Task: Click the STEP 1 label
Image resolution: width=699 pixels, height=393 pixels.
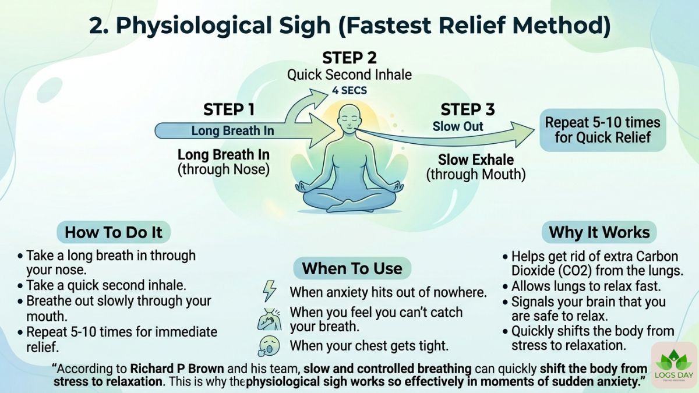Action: click(x=229, y=109)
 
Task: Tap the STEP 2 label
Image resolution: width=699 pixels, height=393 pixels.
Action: click(x=349, y=58)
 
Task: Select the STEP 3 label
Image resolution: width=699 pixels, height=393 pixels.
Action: click(x=468, y=109)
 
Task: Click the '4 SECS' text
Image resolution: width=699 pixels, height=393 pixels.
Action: click(x=349, y=90)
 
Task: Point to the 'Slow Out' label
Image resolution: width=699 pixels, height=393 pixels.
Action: click(x=458, y=126)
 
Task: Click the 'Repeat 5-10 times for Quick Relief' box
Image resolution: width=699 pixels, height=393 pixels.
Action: click(x=603, y=130)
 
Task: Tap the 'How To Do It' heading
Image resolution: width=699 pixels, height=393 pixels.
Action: click(x=114, y=232)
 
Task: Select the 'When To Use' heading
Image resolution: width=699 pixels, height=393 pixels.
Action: click(x=352, y=268)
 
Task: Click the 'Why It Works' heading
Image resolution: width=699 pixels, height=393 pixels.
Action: click(x=599, y=232)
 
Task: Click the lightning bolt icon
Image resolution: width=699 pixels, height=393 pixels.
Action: click(x=270, y=291)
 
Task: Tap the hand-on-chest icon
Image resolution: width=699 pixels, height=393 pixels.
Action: click(x=269, y=319)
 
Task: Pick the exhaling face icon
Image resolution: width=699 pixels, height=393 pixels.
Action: click(x=269, y=346)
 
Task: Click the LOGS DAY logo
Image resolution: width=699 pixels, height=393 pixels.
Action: click(x=674, y=364)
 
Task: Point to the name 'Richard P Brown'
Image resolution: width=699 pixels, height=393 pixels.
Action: click(x=177, y=369)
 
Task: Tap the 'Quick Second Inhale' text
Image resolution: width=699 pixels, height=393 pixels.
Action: click(x=349, y=75)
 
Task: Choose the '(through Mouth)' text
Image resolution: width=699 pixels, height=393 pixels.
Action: click(x=476, y=174)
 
